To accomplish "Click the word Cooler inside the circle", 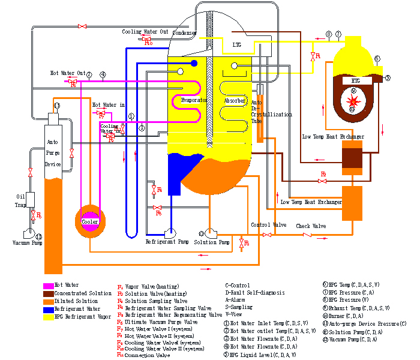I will (90, 221).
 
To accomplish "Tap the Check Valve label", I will (310, 226).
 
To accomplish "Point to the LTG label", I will (236, 44).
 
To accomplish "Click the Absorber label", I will (235, 101).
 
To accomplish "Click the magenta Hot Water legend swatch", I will (48, 285).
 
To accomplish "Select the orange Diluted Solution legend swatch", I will (48, 300).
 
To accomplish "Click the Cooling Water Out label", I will (145, 32).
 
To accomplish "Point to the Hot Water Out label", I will (68, 73).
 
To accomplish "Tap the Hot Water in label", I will (109, 105).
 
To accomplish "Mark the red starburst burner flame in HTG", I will (353, 100).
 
